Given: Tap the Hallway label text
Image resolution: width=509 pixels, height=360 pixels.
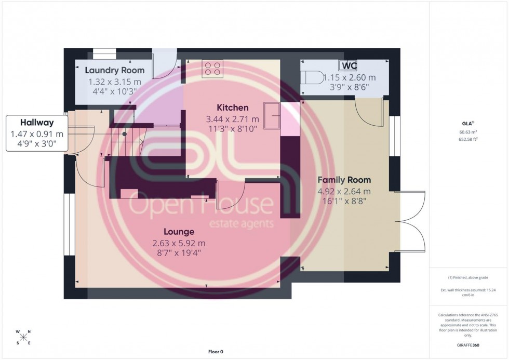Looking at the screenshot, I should [x=38, y=123].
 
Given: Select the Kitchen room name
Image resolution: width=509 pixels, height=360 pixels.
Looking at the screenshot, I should [x=232, y=108].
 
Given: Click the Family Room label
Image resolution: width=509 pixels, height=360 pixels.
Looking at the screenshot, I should [x=344, y=180].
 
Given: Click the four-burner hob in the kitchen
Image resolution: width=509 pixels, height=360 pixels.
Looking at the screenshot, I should [x=212, y=69].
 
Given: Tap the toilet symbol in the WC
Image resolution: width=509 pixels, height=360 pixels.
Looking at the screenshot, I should [x=312, y=77].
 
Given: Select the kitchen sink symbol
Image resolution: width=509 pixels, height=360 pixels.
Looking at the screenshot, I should [x=272, y=115].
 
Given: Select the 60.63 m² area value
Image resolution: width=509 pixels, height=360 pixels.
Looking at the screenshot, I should [x=468, y=132].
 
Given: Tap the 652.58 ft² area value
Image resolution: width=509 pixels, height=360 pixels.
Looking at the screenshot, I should [x=468, y=139].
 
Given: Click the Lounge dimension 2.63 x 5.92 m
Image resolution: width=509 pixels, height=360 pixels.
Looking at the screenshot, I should [x=179, y=243].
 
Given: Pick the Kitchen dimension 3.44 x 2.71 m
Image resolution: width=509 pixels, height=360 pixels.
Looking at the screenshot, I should [x=233, y=119].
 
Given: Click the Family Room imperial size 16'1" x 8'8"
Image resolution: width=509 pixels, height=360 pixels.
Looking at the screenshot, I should [x=344, y=201].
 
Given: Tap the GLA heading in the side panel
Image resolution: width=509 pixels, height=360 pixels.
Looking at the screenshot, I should [x=467, y=124].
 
